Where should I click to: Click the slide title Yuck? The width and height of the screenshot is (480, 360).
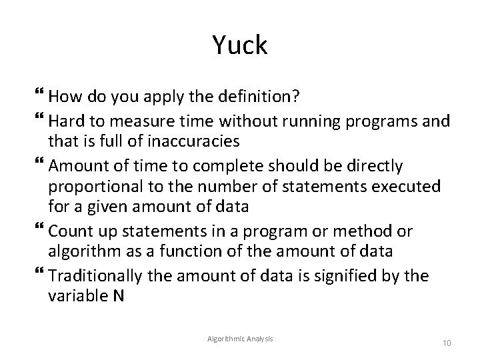pyautogui.click(x=240, y=45)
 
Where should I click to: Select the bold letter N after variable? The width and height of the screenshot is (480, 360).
pyautogui.click(x=119, y=295)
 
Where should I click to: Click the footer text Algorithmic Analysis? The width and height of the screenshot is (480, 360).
pyautogui.click(x=241, y=339)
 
